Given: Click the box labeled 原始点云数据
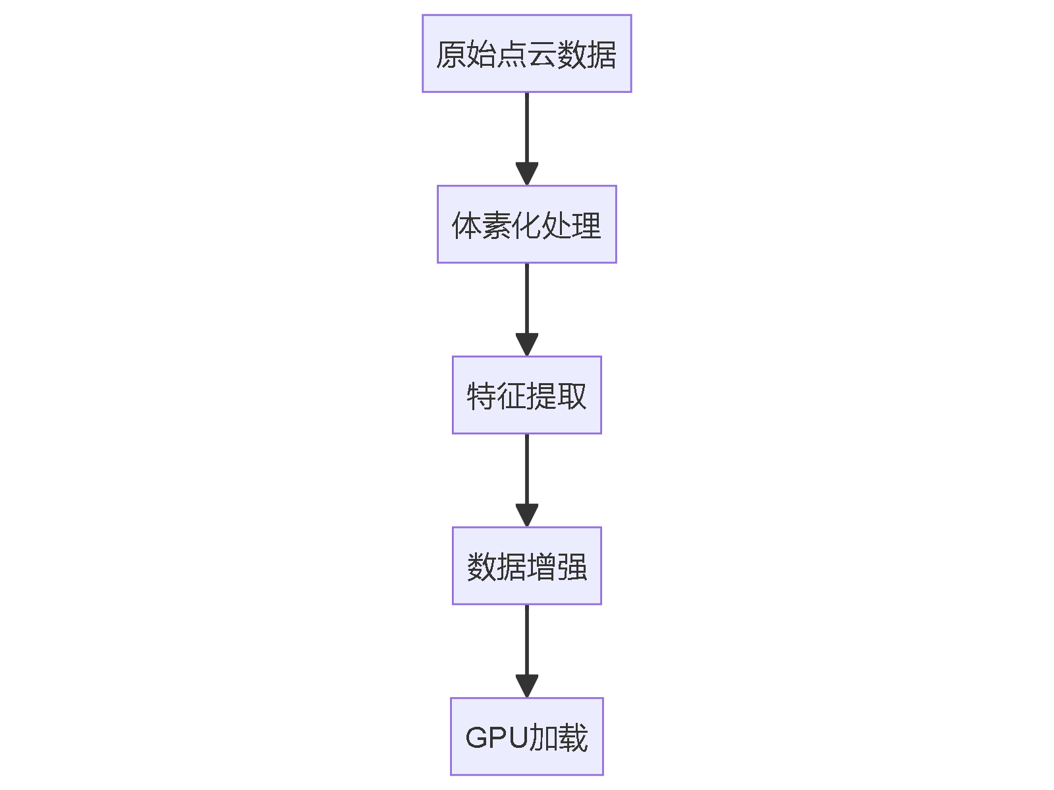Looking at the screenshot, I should [x=526, y=53].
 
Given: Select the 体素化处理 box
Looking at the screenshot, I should [x=526, y=224].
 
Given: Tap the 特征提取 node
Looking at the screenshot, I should [x=526, y=395].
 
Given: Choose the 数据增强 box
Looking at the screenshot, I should [x=526, y=566].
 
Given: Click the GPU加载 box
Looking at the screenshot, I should [x=526, y=736].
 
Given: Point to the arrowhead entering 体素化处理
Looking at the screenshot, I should [x=526, y=174].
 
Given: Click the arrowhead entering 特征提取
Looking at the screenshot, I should [x=526, y=345].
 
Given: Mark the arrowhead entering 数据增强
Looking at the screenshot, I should [x=526, y=515].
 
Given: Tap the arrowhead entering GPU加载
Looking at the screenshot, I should [x=526, y=686].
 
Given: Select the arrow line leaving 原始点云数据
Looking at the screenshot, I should [x=526, y=128].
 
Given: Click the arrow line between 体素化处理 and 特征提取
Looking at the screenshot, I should [x=526, y=300].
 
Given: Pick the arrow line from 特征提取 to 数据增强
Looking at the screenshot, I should [x=526, y=470].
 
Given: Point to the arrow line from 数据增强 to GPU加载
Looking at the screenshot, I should [x=526, y=641].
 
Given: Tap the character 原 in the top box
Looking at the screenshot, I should [x=451, y=55].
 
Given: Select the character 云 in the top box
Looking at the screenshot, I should [x=541, y=55].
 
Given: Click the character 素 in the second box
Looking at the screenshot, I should [x=496, y=226].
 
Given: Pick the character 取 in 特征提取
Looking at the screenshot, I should [x=571, y=396].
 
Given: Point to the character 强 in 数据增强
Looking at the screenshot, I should [x=571, y=567].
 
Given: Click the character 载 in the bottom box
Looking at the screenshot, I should [x=572, y=737].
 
